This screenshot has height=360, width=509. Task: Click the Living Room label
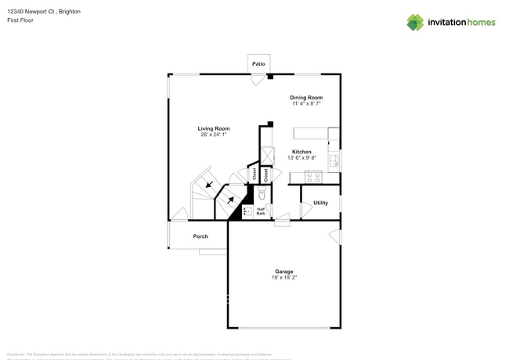[213, 128]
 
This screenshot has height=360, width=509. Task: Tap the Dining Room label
[307, 98]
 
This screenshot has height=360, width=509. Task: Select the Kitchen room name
[301, 152]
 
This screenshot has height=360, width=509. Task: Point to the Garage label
[283, 272]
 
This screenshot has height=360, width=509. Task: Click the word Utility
[320, 203]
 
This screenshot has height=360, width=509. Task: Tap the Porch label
[200, 236]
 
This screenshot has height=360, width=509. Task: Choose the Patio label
[258, 63]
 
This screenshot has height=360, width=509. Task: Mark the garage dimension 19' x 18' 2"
[283, 278]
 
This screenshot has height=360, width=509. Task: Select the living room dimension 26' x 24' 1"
[213, 135]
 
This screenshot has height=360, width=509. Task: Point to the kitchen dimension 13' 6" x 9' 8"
[301, 158]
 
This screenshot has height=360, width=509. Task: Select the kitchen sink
[334, 160]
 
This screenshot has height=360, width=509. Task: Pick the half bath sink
[246, 211]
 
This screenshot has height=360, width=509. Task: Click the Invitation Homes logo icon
[415, 22]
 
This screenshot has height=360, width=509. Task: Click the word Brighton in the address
[68, 13]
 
